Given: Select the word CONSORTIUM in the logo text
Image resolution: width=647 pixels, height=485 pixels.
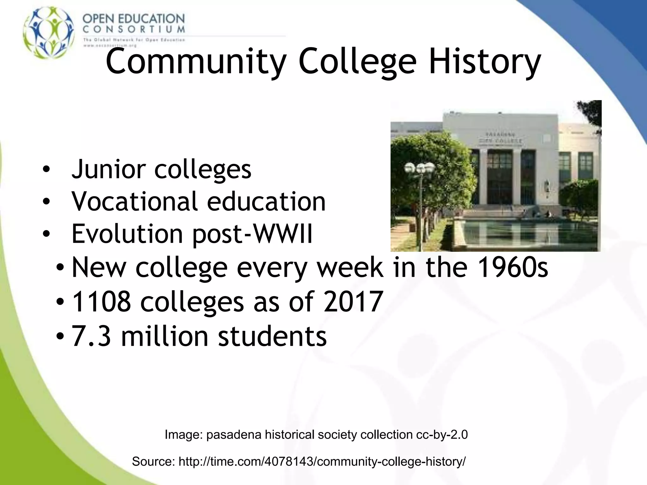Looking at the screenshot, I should tap(134, 30).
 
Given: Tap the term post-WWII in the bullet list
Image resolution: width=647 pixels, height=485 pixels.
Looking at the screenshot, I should tap(252, 234).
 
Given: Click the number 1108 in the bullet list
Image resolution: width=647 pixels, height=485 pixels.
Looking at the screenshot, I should tap(101, 302).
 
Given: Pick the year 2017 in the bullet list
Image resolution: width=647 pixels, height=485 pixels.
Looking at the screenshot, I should tap(354, 302).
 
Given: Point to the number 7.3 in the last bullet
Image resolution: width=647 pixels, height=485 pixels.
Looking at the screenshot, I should tap(92, 336).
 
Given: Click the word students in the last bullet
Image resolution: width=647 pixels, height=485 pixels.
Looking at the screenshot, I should tap(272, 336).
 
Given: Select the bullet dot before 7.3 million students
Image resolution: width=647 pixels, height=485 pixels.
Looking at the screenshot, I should tap(60, 337).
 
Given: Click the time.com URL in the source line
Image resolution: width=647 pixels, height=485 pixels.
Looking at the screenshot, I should tap(322, 462).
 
